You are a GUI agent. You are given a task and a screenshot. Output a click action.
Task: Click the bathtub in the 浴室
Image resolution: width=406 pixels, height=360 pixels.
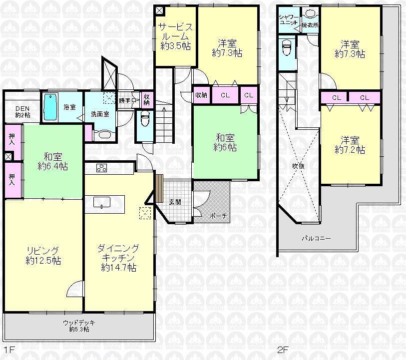click(x=51, y=106)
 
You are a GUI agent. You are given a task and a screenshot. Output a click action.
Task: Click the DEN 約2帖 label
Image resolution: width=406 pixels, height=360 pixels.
click(x=22, y=111)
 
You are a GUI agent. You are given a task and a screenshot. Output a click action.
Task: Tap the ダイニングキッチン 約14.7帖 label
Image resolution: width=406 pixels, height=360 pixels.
click(x=118, y=257)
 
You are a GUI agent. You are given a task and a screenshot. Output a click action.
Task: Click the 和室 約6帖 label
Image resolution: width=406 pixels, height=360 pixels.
click(x=225, y=142)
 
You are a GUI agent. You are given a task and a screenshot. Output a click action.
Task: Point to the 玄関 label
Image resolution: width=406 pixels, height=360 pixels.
click(x=175, y=202)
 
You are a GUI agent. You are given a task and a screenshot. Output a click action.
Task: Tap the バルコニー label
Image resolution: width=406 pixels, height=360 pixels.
click(x=316, y=238)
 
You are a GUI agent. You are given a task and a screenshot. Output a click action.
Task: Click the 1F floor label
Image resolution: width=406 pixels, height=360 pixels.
click(x=7, y=351)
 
